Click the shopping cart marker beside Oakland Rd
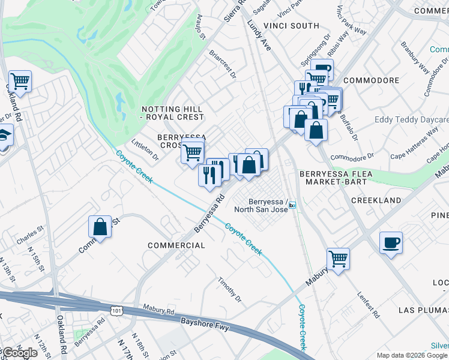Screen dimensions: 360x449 coord(20,81)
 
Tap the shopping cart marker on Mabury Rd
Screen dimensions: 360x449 coord(338,259)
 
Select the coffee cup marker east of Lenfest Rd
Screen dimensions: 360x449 coord(391,242)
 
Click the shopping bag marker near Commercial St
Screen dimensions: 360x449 coord(100,227)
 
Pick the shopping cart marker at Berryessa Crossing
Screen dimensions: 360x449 coord(193,152)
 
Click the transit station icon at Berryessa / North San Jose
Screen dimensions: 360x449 coord(292,205)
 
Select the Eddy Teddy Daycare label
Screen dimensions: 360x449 coord(411,120)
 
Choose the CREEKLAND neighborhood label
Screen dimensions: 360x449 coord(376,200)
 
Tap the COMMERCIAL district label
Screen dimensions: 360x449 coord(176,245)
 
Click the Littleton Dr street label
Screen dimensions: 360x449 coord(145,151)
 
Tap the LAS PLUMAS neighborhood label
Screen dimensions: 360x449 coord(423,310)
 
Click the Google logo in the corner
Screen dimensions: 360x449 coord(19,353)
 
